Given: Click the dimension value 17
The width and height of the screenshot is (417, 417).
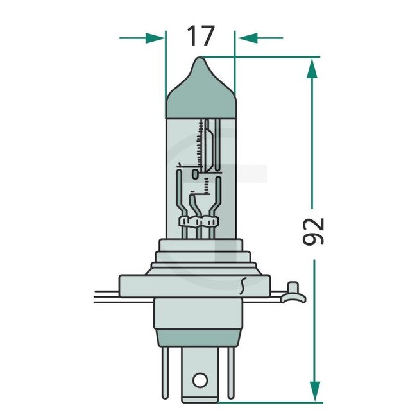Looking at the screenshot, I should tap(200, 37).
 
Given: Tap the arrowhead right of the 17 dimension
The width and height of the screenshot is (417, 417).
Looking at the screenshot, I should tap(245, 37).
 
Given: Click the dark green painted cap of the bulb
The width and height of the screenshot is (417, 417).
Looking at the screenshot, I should tap(200, 96).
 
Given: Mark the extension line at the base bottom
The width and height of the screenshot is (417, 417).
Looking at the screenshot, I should tap(269, 403).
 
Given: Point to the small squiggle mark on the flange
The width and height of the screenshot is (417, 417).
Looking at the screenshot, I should tap(243, 283).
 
